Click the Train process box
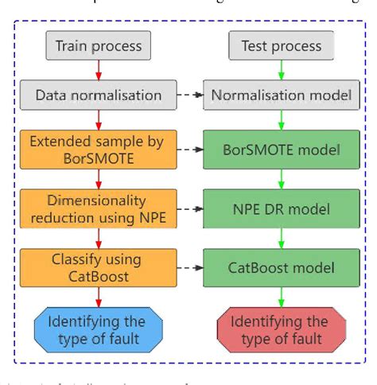click(x=98, y=46)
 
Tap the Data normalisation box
click(x=98, y=96)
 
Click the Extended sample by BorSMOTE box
click(x=98, y=150)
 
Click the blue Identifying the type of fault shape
click(x=98, y=329)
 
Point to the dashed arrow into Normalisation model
click(x=187, y=96)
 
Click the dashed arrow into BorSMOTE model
click(x=187, y=150)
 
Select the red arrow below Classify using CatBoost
click(x=97, y=296)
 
